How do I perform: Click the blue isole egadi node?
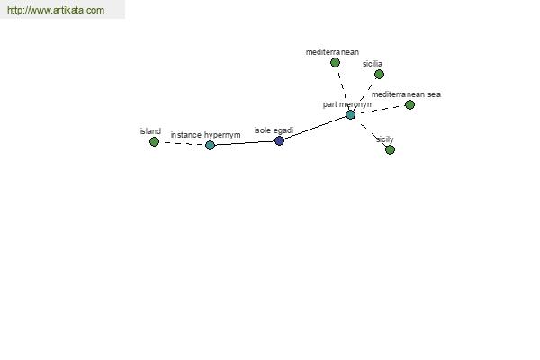[x=279, y=140]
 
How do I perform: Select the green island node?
[x=154, y=141]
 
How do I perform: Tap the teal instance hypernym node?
[x=210, y=145]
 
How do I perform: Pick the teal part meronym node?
[x=350, y=114]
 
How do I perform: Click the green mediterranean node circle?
[x=335, y=62]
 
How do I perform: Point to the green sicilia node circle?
[x=379, y=74]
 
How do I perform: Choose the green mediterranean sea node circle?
[x=409, y=104]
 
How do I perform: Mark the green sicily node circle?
[x=390, y=150]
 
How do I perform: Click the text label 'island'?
[x=150, y=131]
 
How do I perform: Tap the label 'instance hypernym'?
[x=205, y=135]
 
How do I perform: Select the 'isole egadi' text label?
[x=274, y=130]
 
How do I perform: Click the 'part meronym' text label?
[x=348, y=104]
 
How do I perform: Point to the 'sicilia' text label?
[x=373, y=64]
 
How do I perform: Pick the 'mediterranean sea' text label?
[x=406, y=94]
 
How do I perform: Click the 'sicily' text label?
[x=384, y=139]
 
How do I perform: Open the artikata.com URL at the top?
[x=56, y=10]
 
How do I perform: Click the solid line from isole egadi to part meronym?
[x=315, y=128]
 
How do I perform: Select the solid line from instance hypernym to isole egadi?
[x=245, y=143]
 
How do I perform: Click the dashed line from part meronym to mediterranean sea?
[x=380, y=110]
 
